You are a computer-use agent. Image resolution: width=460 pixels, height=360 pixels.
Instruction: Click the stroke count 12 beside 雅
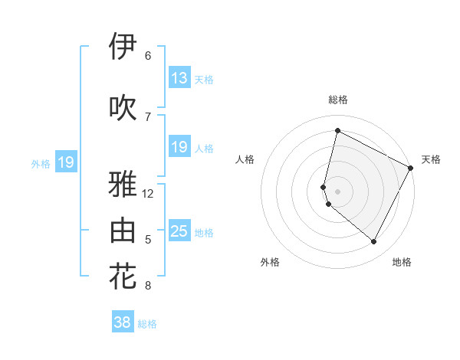pyautogui.click(x=148, y=194)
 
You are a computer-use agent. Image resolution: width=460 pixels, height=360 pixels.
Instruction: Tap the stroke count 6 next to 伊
pyautogui.click(x=148, y=56)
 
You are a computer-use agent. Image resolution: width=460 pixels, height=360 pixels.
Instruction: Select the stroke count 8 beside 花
pyautogui.click(x=148, y=286)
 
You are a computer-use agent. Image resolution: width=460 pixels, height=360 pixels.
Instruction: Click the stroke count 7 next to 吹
pyautogui.click(x=148, y=116)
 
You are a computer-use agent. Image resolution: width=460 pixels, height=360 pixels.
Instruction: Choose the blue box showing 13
pyautogui.click(x=179, y=78)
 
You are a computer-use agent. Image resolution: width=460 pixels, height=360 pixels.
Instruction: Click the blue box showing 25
pyautogui.click(x=179, y=231)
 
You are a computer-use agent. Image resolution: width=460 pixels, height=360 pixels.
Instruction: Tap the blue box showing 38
pyautogui.click(x=122, y=322)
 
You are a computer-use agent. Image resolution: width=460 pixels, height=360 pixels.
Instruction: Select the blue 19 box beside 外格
pyautogui.click(x=65, y=162)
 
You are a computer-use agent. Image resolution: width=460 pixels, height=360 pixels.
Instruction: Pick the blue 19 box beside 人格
pyautogui.click(x=179, y=147)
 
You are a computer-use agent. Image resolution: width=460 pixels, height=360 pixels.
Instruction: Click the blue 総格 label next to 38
pyautogui.click(x=147, y=324)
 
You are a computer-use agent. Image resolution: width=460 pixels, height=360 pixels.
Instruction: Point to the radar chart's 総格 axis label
pyautogui.click(x=337, y=100)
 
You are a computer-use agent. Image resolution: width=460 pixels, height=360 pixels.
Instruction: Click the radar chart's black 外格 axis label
pyautogui.click(x=270, y=262)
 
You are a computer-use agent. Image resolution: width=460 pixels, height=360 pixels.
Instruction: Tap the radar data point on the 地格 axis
pyautogui.click(x=373, y=242)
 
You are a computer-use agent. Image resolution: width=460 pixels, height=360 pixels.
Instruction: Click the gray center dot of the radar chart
pyautogui.click(x=337, y=191)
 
